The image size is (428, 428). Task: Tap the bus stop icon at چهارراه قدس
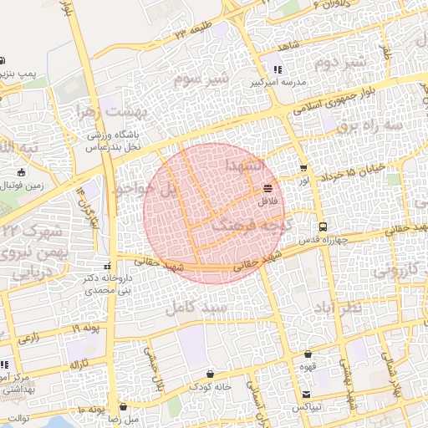pos(322,227)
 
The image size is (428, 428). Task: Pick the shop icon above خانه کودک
pos(210,374)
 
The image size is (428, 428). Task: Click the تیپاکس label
pos(308,406)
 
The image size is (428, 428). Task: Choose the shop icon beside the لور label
pos(303,167)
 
